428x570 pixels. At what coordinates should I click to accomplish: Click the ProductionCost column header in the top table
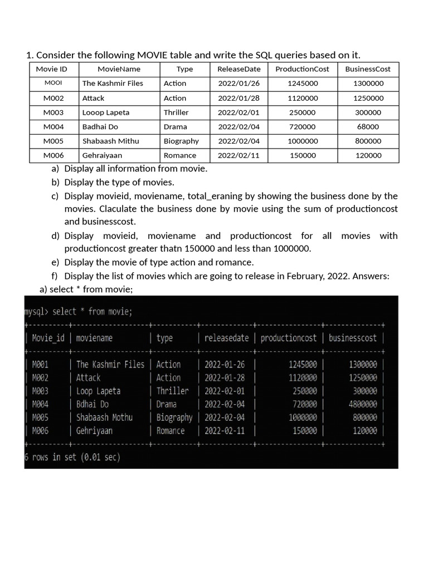pyautogui.click(x=302, y=69)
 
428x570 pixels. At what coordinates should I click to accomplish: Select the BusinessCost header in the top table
pyautogui.click(x=368, y=69)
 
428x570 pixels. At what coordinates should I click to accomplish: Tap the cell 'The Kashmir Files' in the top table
pyautogui.click(x=113, y=83)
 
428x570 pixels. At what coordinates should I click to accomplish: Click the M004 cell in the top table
pyautogui.click(x=53, y=127)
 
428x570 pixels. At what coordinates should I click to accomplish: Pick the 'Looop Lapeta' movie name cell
pyautogui.click(x=106, y=112)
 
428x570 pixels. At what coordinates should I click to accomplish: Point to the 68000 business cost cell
pyautogui.click(x=368, y=127)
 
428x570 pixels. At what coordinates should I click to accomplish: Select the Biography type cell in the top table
pyautogui.click(x=181, y=141)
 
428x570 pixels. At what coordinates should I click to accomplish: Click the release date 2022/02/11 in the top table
pyautogui.click(x=239, y=156)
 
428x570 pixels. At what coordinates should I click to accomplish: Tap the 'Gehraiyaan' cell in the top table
pyautogui.click(x=102, y=156)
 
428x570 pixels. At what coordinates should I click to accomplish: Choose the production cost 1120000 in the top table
pyautogui.click(x=303, y=98)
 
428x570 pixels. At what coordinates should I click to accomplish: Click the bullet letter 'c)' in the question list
pyautogui.click(x=55, y=196)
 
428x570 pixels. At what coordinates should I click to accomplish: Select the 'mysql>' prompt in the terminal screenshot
pyautogui.click(x=36, y=311)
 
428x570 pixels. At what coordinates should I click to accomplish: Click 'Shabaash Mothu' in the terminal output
pyautogui.click(x=104, y=417)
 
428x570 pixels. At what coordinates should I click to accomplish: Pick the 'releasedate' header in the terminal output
pyautogui.click(x=226, y=338)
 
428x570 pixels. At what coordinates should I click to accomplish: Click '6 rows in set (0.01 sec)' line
pyautogui.click(x=72, y=458)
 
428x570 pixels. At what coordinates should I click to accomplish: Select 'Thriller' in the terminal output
pyautogui.click(x=172, y=391)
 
